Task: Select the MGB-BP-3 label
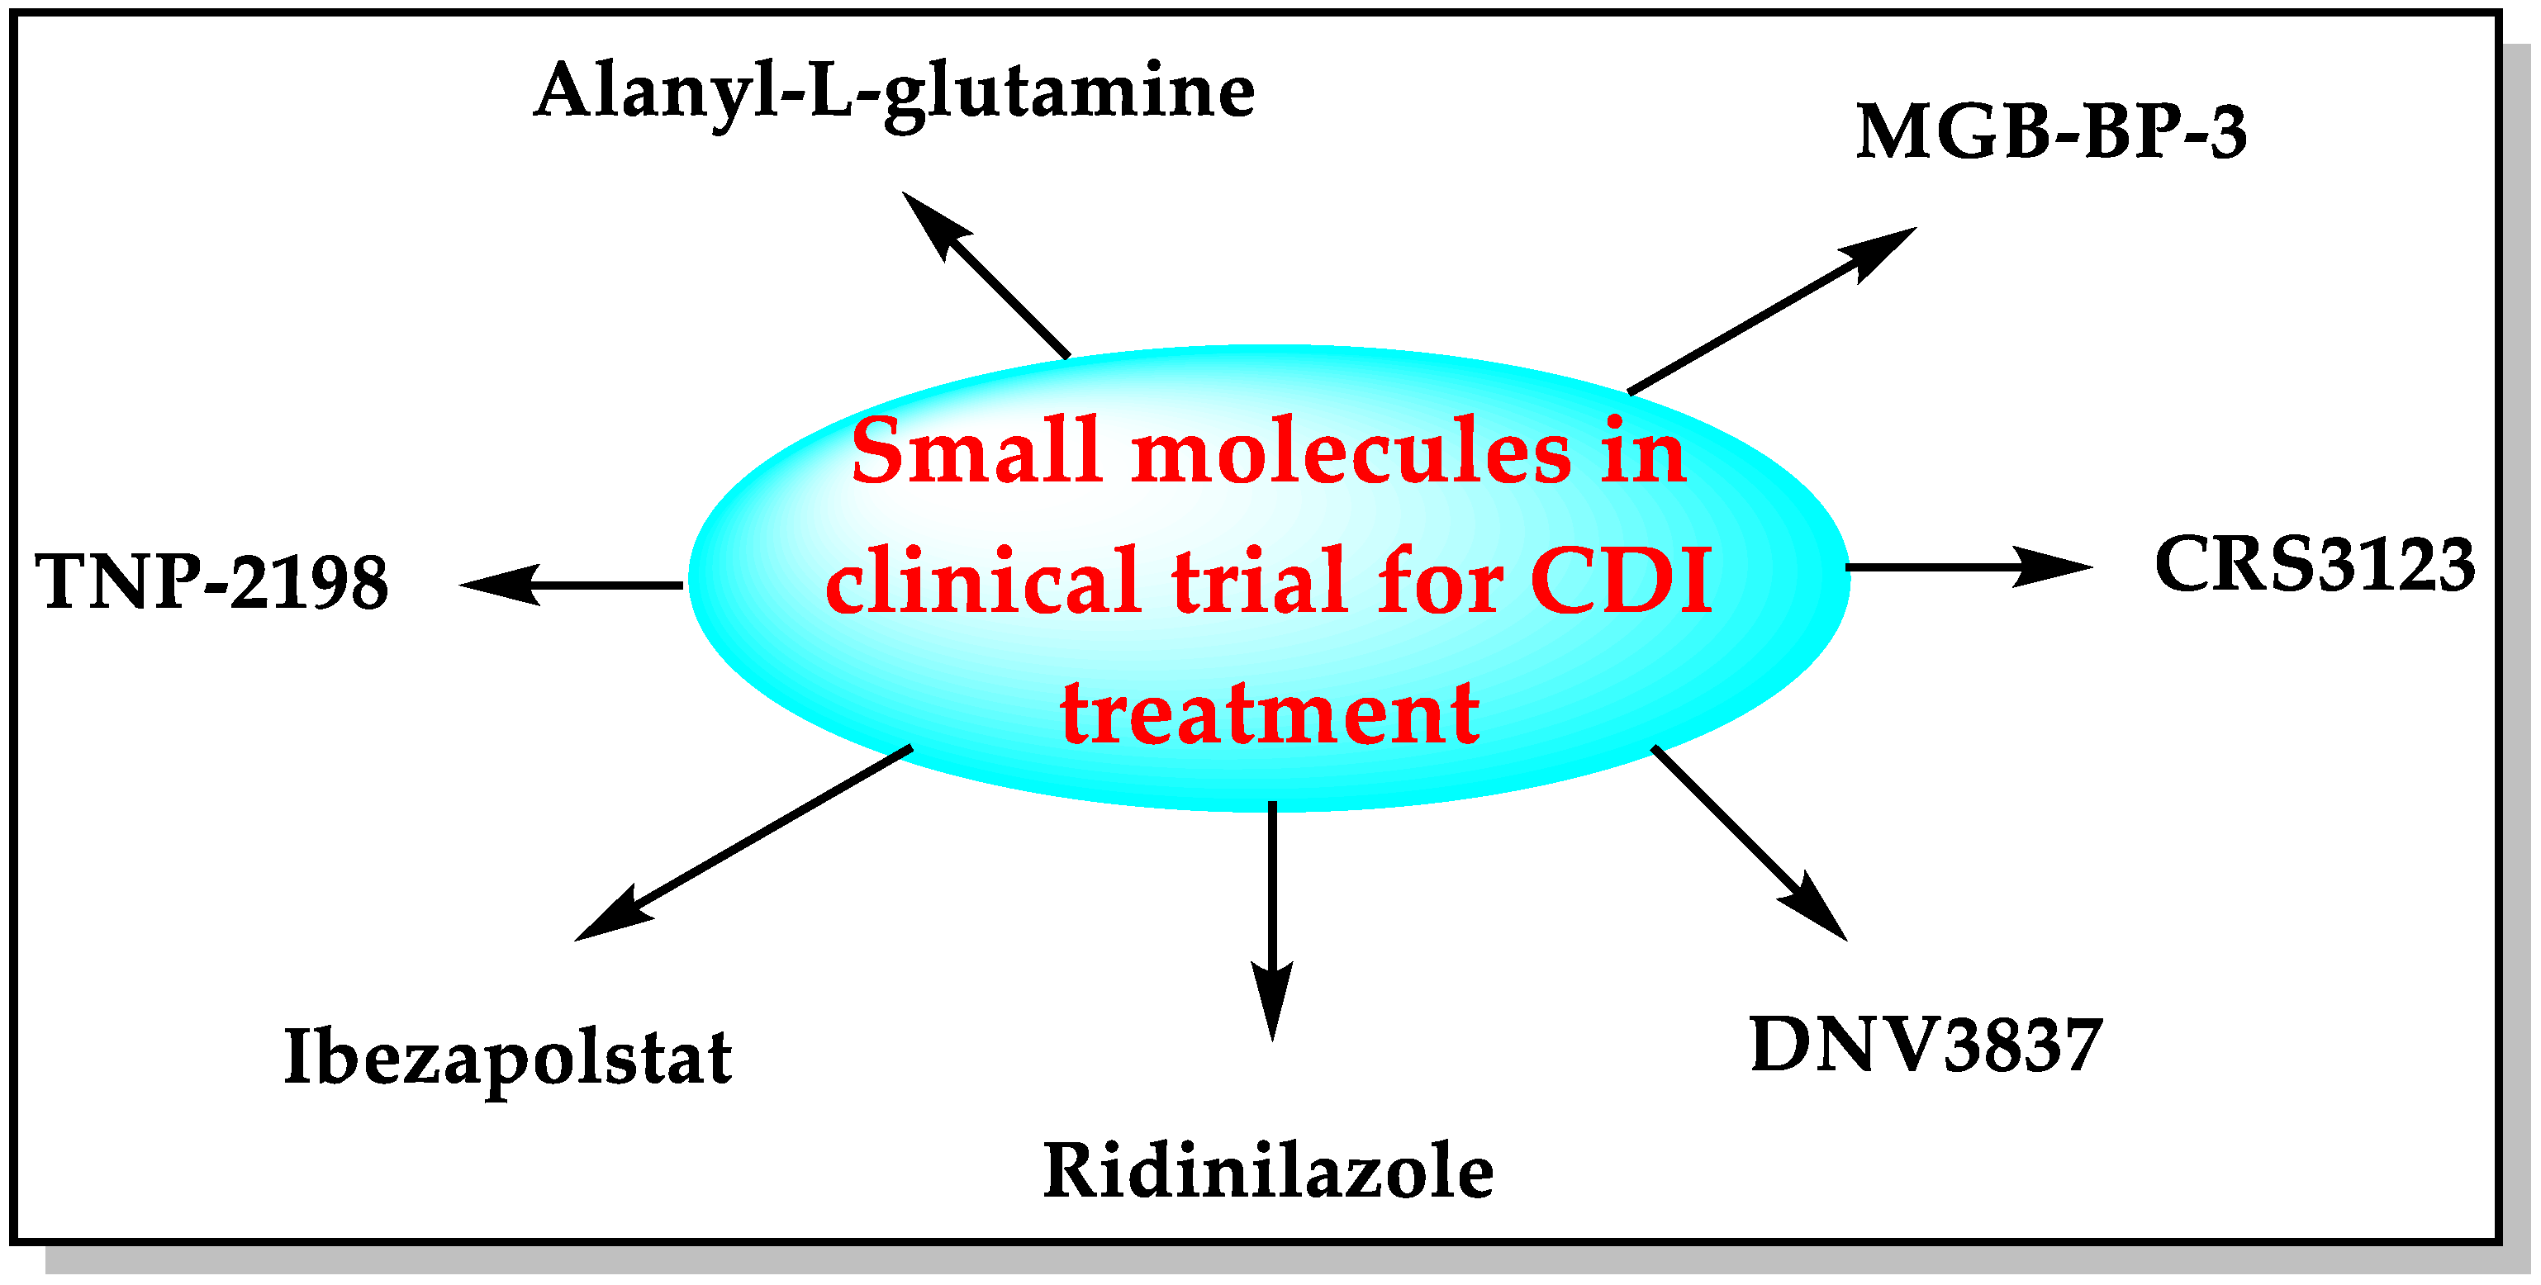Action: click(x=2052, y=132)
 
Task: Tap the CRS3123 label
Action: click(x=2314, y=565)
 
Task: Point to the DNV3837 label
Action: click(x=1926, y=1046)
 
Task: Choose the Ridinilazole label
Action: click(x=1269, y=1172)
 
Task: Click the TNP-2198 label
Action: click(x=212, y=582)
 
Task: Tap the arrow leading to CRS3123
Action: click(x=1968, y=567)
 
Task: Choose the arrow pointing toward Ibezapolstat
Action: click(x=745, y=843)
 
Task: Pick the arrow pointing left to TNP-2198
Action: click(x=572, y=585)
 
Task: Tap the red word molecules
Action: click(x=1351, y=452)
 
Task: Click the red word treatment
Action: click(x=1270, y=712)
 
